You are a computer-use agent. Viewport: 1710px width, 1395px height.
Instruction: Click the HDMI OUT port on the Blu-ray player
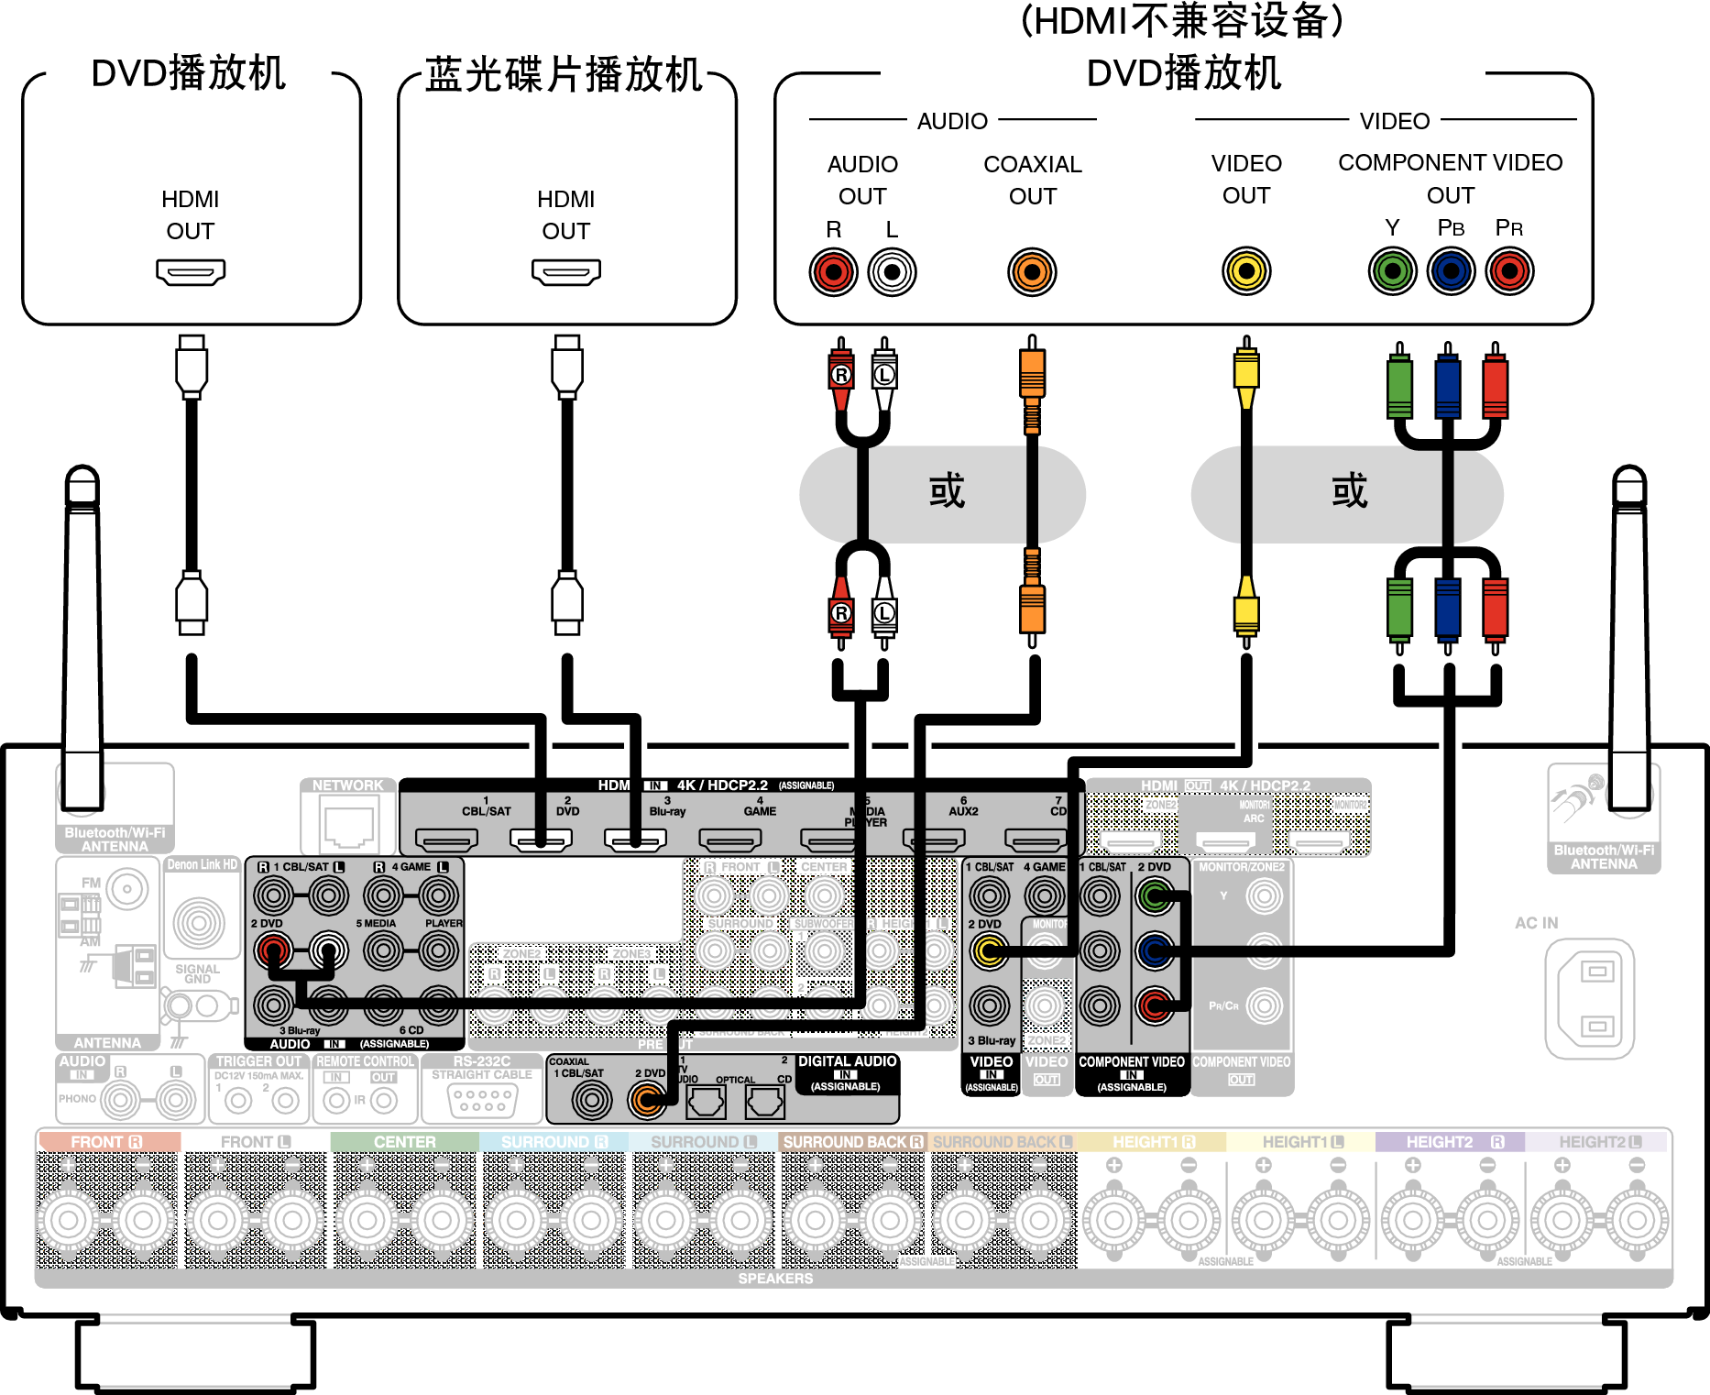(x=565, y=271)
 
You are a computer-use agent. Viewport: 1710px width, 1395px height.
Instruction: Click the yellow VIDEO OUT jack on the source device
(x=1246, y=271)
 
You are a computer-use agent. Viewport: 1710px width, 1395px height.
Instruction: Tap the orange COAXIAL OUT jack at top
(x=1032, y=272)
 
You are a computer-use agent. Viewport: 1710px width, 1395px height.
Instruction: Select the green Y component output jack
(x=1392, y=271)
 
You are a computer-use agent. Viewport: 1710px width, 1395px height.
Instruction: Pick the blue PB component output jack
(x=1451, y=271)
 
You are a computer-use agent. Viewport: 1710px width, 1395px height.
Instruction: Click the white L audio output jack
(x=892, y=272)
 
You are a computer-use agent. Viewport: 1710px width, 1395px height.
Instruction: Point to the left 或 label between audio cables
(x=947, y=492)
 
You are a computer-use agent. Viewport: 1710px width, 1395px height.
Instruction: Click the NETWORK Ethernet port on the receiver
(x=348, y=823)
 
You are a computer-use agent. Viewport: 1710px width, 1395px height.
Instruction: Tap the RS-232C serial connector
(x=483, y=1099)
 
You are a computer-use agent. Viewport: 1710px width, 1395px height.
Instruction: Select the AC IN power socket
(x=1589, y=998)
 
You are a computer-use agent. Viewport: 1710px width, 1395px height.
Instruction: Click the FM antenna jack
(x=126, y=888)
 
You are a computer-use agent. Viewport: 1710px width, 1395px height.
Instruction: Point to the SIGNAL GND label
(x=197, y=973)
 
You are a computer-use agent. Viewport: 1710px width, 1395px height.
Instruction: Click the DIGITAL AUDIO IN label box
(x=846, y=1073)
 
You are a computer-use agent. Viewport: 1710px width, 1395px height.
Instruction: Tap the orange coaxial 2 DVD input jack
(x=647, y=1100)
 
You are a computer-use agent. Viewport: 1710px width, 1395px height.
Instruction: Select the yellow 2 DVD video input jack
(x=989, y=951)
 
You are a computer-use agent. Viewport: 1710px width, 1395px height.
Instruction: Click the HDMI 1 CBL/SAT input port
(x=446, y=838)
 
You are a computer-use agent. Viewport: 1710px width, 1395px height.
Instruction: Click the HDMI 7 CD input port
(x=1036, y=838)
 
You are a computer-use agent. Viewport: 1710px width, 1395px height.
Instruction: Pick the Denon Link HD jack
(x=199, y=922)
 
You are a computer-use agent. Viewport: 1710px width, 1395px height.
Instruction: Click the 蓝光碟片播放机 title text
(x=564, y=75)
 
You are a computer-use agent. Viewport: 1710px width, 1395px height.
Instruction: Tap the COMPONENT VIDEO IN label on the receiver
(x=1132, y=1073)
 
